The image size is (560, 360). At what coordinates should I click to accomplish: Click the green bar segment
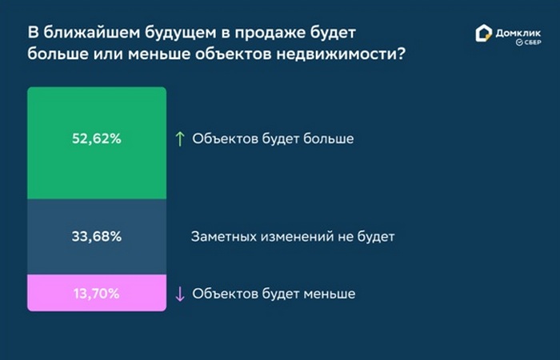tap(97, 143)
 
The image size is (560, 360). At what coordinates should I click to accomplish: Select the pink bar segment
tap(97, 293)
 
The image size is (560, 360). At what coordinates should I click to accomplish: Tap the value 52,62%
tap(97, 138)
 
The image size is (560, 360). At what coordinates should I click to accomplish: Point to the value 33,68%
tap(97, 237)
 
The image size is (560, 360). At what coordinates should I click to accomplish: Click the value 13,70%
tap(97, 294)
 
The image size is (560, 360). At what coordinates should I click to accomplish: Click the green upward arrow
tap(180, 138)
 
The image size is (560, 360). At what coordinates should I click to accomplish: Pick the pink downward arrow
tap(180, 294)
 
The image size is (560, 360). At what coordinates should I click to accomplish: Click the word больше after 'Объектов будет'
tap(329, 138)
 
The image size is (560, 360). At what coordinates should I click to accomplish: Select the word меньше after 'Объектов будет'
tap(330, 294)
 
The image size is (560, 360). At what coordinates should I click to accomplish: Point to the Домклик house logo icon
tap(483, 34)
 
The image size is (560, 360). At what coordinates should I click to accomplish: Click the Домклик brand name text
tap(518, 34)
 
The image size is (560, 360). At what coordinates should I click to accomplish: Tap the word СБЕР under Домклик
tap(533, 42)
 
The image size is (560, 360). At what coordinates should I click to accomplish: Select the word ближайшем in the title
tap(92, 33)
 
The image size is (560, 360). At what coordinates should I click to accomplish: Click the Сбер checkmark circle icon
tap(520, 42)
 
